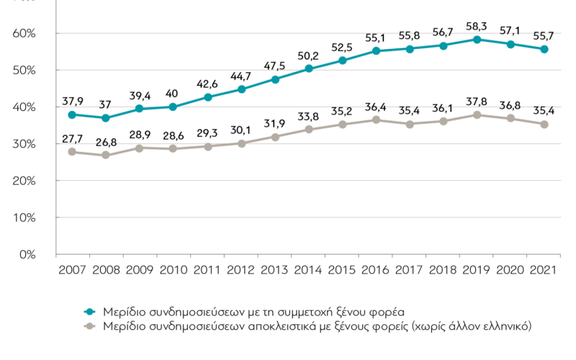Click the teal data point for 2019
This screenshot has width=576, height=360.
pos(477,40)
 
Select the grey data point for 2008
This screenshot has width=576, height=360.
pos(105,155)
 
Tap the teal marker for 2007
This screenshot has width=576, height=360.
pos(72,115)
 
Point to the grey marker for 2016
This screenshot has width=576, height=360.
pos(376,120)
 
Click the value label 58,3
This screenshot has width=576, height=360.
pos(476,27)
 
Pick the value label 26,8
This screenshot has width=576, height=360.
pos(106,142)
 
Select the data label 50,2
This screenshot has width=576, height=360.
pos(308,56)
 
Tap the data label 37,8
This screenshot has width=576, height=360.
pos(477,102)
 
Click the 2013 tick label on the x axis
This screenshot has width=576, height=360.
pos(274,270)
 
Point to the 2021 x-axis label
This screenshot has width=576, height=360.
pos(543,270)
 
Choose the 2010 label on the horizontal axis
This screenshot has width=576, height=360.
pos(174,270)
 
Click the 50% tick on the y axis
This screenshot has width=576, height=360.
pos(24,70)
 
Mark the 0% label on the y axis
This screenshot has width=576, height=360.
pos(27,255)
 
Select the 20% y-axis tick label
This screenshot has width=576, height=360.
pos(24,181)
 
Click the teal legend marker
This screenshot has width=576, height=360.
pos(89,312)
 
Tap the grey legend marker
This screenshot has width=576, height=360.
pos(89,326)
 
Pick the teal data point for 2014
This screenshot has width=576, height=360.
pos(309,68)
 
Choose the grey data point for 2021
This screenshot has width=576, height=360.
pos(544,125)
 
